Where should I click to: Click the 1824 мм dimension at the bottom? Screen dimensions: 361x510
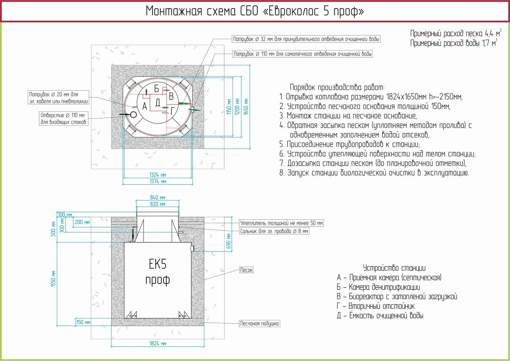tap(158, 343)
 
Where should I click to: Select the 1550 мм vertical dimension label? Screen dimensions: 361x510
tap(53, 279)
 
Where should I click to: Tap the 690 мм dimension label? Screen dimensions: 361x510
tap(228, 241)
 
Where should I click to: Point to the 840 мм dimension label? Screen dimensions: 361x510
tap(158, 197)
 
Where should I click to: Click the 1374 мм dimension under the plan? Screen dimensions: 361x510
tap(158, 181)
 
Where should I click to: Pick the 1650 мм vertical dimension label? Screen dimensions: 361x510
tap(246, 107)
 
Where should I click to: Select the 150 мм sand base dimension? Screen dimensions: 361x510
tap(83, 322)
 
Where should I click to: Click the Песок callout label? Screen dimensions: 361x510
tap(246, 270)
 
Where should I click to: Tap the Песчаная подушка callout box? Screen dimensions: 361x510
tap(260, 324)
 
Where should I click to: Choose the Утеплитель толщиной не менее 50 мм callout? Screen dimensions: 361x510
tap(282, 223)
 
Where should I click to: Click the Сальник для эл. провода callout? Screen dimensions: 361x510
tap(274, 231)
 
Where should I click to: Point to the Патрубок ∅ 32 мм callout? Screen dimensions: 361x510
tap(306, 39)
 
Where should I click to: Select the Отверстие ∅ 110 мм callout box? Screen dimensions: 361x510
tap(63, 118)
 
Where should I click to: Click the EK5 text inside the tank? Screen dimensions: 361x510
tap(158, 264)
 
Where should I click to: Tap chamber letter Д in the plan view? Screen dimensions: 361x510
tap(158, 102)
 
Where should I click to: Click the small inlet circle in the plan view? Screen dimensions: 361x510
tap(133, 115)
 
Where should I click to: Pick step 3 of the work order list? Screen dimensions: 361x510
tap(348, 116)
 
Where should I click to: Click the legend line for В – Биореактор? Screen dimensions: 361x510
tap(397, 297)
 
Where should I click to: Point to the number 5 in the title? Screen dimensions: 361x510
tap(326, 11)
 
